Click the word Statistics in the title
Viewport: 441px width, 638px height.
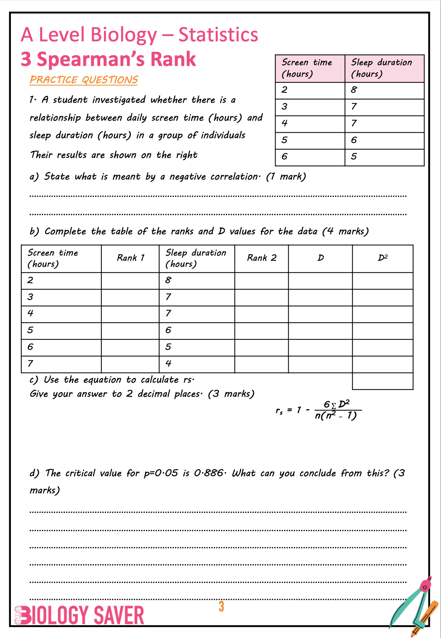(218, 35)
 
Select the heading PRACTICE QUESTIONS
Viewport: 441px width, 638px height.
(84, 80)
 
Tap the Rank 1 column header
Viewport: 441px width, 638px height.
(130, 258)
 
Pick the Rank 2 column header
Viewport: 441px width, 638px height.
(261, 258)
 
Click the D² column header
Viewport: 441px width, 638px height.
(383, 258)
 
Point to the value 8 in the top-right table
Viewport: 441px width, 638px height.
(354, 90)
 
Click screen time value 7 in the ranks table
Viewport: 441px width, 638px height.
(31, 363)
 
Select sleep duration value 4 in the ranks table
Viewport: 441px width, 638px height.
(168, 363)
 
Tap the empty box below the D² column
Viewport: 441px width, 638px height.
(383, 381)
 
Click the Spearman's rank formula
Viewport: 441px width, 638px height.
(318, 410)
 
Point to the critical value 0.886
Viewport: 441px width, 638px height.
(208, 473)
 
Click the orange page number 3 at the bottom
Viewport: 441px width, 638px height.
(221, 606)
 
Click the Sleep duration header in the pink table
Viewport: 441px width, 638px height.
(381, 68)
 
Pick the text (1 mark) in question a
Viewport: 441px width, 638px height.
(286, 177)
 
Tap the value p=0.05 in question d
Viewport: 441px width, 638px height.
(161, 473)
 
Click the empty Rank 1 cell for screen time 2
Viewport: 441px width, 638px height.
(130, 280)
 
